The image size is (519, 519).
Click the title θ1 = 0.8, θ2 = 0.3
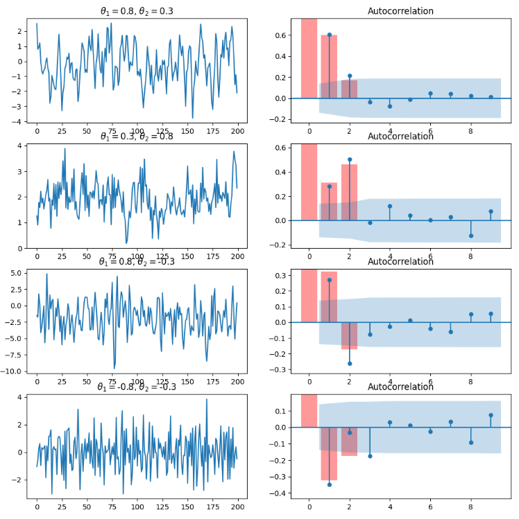point(136,10)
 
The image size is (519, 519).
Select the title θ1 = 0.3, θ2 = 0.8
point(136,137)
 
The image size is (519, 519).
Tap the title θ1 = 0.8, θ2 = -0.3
point(136,261)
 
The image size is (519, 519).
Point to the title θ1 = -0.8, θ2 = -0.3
point(136,387)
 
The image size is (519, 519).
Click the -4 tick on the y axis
point(18,122)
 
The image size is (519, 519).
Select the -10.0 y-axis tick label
point(13,372)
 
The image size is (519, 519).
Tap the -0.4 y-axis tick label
point(285,493)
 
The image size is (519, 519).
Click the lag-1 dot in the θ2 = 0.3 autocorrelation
point(329,35)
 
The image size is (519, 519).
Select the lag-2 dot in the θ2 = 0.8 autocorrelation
point(349,159)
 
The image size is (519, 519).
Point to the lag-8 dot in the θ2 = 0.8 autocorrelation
point(470,236)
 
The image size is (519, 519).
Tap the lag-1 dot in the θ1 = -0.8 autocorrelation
point(329,484)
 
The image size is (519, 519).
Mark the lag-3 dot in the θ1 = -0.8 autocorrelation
point(369,456)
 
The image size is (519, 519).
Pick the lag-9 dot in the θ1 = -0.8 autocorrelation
point(491,415)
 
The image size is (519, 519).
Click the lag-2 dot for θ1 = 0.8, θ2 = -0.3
point(349,363)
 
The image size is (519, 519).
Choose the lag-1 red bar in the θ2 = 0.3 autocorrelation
point(329,67)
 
